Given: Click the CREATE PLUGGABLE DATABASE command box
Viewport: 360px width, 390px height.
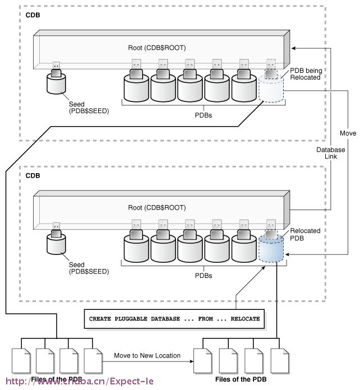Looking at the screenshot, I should tap(174, 318).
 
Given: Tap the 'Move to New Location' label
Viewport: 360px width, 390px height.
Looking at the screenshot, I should tap(147, 355).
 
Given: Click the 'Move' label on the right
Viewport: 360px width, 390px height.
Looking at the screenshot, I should tap(348, 133).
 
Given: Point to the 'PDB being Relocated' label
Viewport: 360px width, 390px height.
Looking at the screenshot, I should tap(305, 73).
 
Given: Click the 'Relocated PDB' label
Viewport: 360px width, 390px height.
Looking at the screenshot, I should tap(305, 234).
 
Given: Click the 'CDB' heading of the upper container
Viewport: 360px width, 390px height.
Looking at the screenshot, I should tap(33, 14).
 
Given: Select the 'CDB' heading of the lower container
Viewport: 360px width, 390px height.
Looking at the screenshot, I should tap(33, 175).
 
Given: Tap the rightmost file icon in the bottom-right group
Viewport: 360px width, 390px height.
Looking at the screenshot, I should tap(279, 360).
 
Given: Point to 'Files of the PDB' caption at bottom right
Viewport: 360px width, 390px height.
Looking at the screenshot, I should tap(241, 379).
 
